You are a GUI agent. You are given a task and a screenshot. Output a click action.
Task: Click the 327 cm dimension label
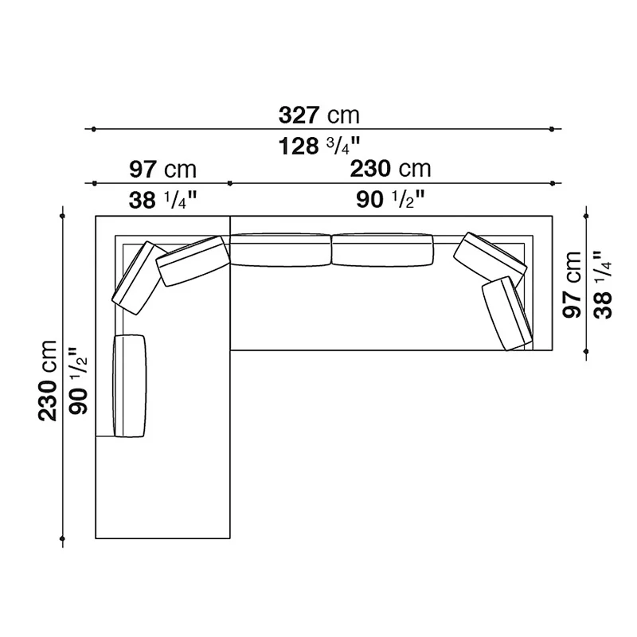click(318, 115)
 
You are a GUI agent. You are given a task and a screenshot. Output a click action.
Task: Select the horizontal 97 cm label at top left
click(162, 169)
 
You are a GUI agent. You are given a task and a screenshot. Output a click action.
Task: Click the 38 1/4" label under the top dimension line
click(162, 200)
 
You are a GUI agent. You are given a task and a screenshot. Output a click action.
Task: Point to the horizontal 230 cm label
click(390, 169)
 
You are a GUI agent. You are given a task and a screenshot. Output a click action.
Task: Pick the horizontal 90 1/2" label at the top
click(390, 200)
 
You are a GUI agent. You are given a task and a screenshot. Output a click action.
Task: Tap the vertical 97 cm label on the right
click(573, 284)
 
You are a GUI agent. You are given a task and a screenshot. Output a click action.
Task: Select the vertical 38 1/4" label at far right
click(603, 284)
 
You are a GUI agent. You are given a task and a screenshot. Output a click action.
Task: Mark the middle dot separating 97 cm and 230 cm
click(230, 183)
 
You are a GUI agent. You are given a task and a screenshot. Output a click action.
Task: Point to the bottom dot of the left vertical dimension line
click(63, 543)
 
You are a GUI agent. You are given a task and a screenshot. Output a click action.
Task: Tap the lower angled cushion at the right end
click(506, 312)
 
